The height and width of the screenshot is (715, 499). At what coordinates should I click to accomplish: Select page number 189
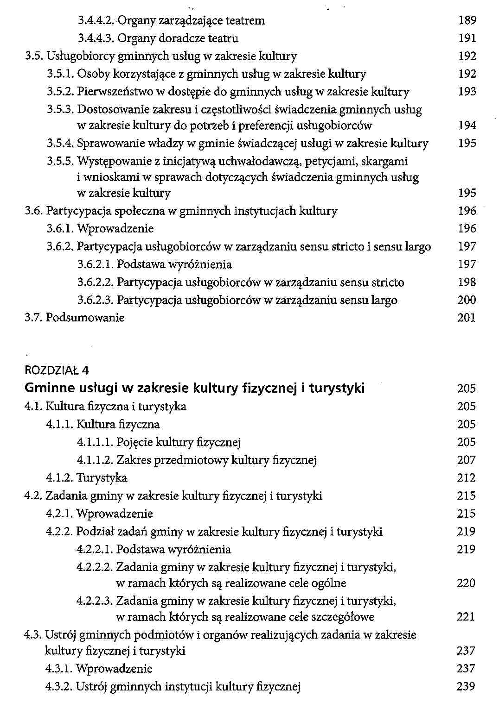click(467, 20)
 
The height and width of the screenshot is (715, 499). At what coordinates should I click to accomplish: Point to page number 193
click(467, 92)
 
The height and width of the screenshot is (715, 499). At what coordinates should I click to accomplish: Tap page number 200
click(467, 300)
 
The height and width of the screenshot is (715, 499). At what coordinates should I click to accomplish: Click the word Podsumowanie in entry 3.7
click(85, 318)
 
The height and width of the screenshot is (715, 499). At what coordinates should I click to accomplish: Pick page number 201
click(467, 318)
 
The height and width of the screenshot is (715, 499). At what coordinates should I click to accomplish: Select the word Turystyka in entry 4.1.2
click(102, 478)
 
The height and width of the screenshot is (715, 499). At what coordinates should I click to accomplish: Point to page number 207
click(467, 460)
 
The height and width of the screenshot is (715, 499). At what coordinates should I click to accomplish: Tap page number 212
click(467, 478)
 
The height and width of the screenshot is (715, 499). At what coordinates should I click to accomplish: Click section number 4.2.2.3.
click(95, 601)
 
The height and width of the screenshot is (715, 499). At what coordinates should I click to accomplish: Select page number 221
click(466, 617)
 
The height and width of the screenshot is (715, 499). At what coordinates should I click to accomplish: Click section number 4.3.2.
click(59, 686)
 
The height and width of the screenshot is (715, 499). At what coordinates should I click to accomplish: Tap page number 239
click(466, 686)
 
